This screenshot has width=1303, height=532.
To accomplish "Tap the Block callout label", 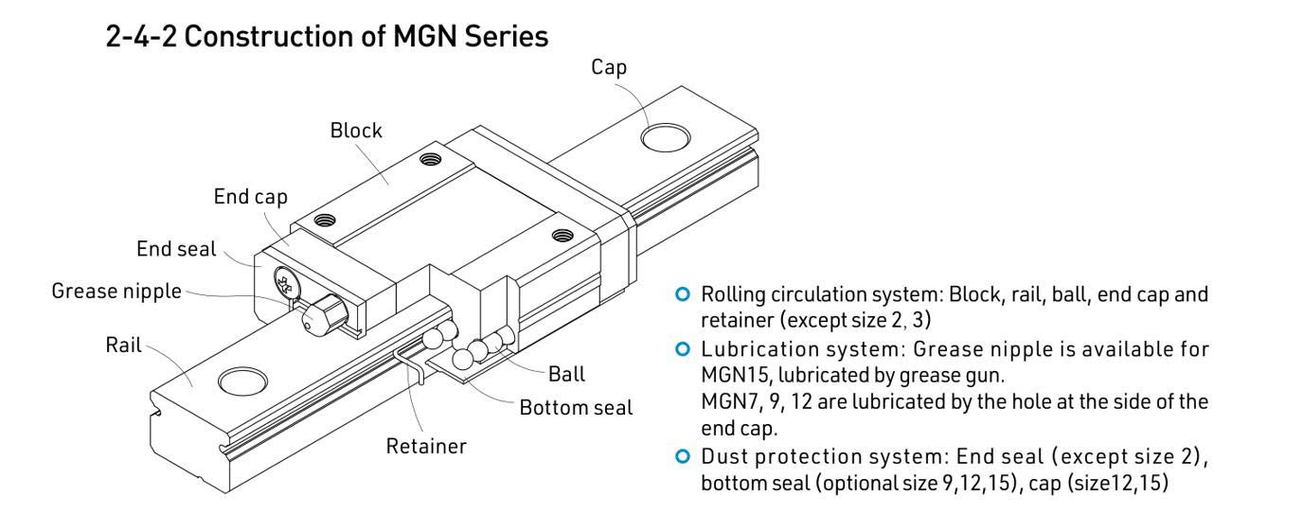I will tap(356, 132).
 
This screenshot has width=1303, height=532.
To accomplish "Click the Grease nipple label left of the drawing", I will tap(116, 290).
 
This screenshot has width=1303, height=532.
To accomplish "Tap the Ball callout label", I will tap(565, 374).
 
